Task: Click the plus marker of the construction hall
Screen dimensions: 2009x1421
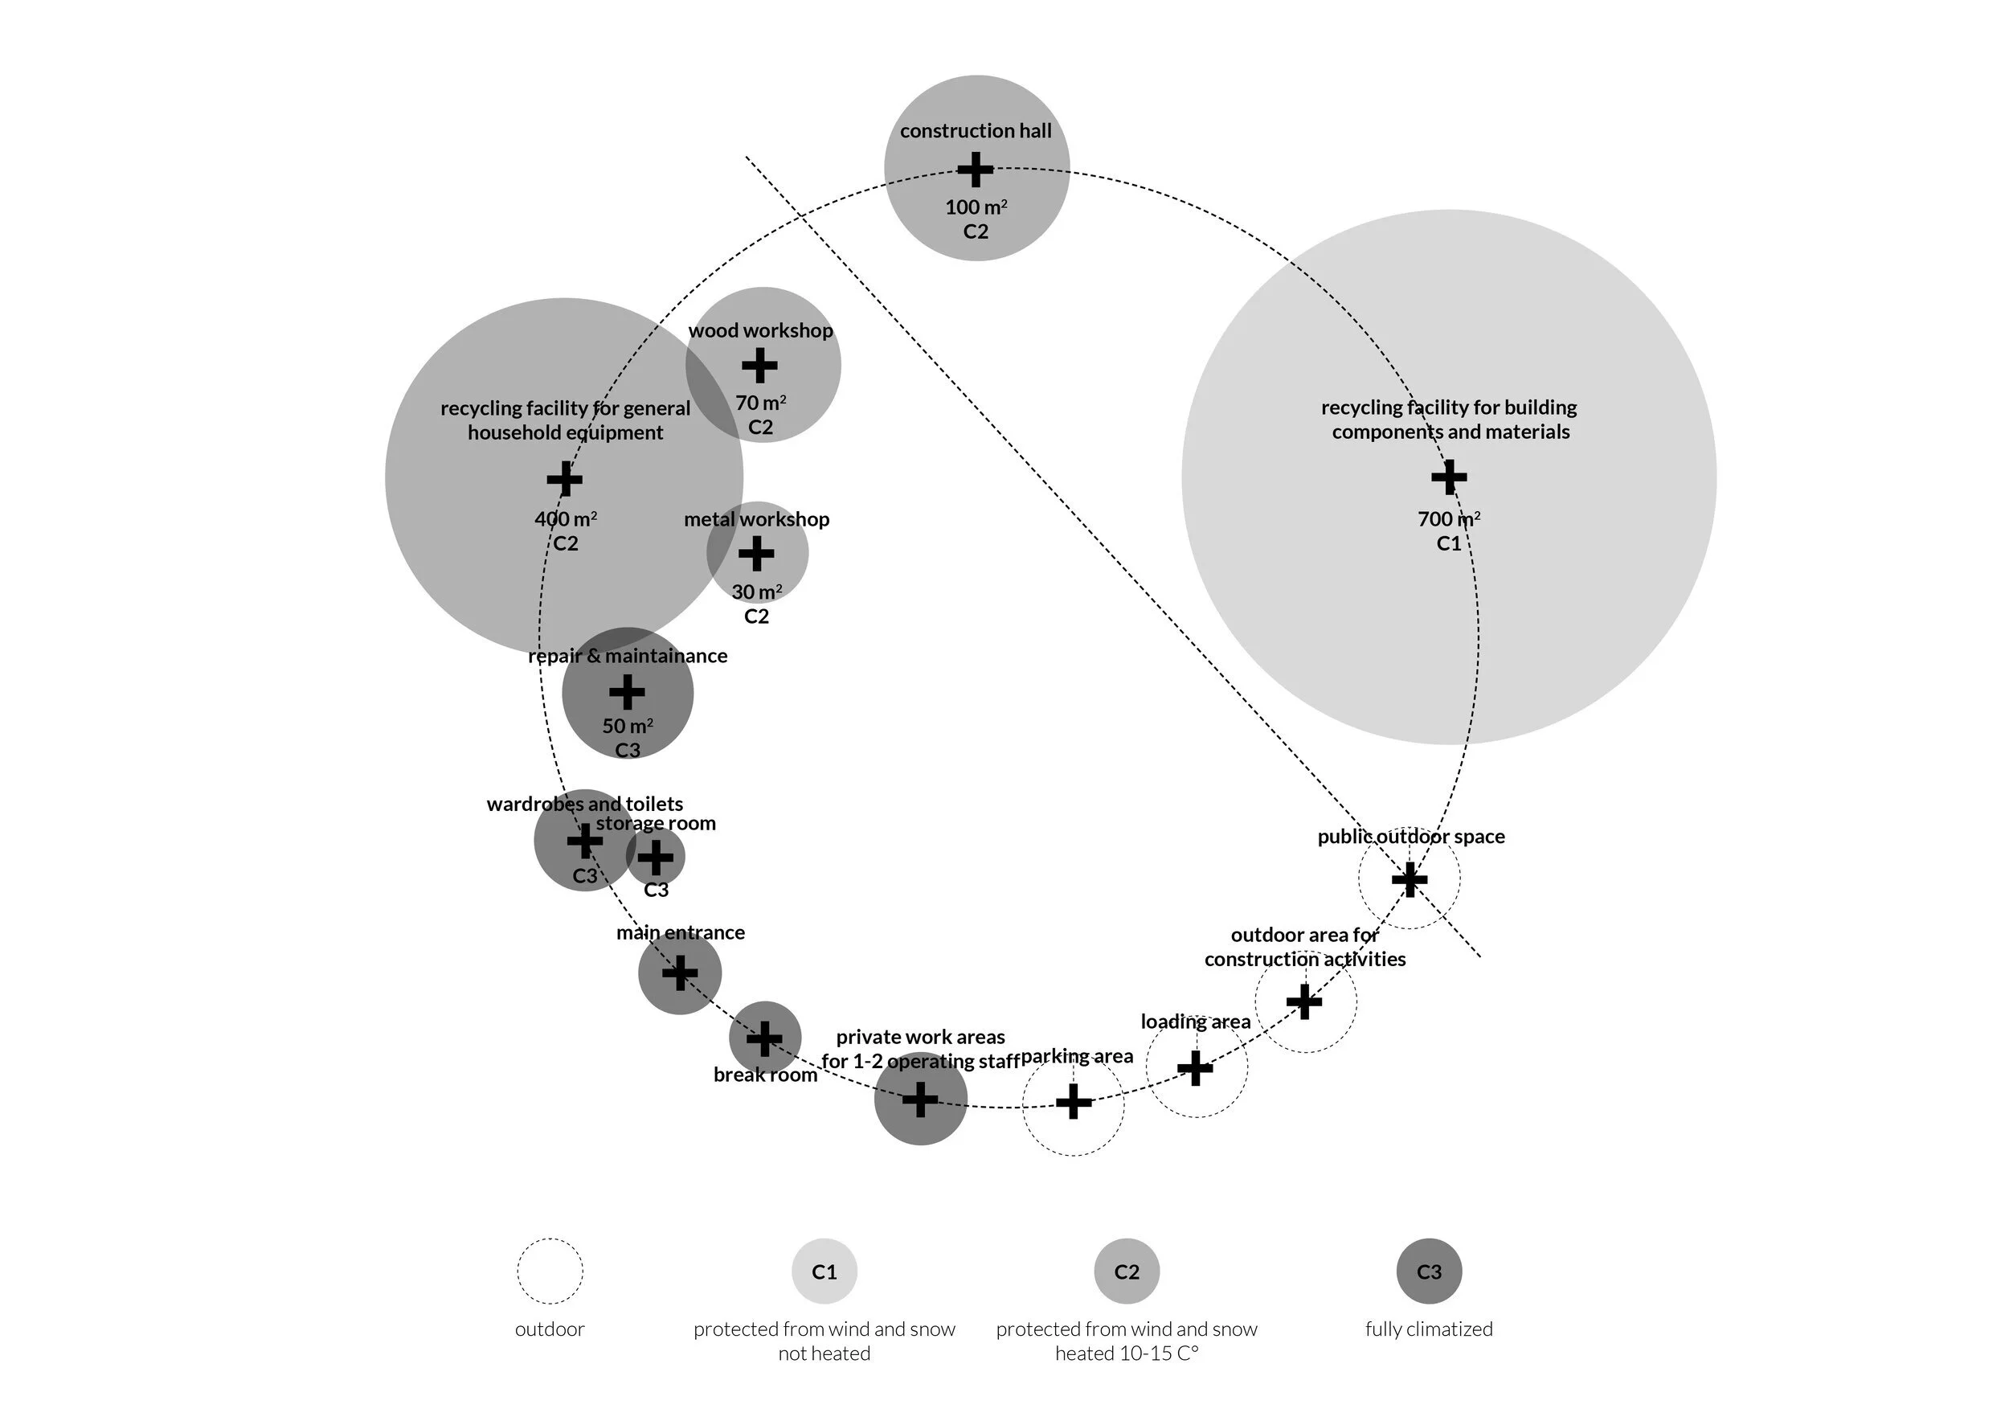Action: (975, 170)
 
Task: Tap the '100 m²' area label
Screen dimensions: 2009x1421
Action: (976, 207)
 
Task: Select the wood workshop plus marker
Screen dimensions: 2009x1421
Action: (759, 365)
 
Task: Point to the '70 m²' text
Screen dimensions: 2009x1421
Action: (760, 403)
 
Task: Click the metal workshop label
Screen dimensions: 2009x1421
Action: (757, 519)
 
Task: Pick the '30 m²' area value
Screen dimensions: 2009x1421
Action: (757, 592)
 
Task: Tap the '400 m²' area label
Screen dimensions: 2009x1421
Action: (566, 519)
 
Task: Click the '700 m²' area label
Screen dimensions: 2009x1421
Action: (1449, 519)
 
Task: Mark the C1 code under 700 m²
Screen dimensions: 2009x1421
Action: (1449, 543)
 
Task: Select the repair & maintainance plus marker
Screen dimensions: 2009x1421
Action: (627, 692)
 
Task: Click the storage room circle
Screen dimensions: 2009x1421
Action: (656, 857)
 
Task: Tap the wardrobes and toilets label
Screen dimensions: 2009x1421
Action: (584, 803)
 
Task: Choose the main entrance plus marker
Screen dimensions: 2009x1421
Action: (680, 973)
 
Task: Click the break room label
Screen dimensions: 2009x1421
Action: (766, 1075)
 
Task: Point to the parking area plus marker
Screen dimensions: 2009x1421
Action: (1074, 1102)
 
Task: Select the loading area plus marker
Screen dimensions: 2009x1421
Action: (1195, 1067)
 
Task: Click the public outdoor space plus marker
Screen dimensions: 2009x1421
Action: (1410, 879)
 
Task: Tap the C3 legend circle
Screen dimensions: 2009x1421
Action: (1429, 1272)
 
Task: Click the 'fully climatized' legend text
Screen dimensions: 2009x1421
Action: (1429, 1329)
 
